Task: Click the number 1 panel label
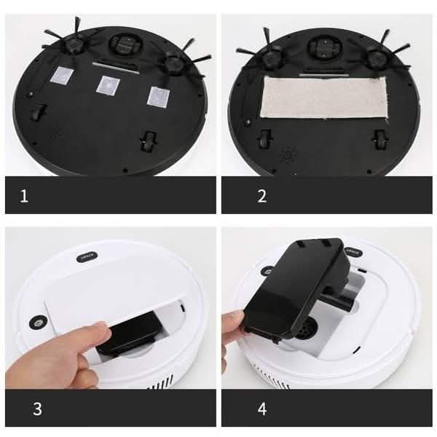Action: (x=25, y=196)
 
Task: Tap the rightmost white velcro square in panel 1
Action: (x=158, y=95)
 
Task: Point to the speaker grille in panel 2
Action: (x=288, y=155)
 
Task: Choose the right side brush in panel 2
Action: (x=379, y=58)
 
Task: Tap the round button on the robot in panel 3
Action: (x=34, y=321)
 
